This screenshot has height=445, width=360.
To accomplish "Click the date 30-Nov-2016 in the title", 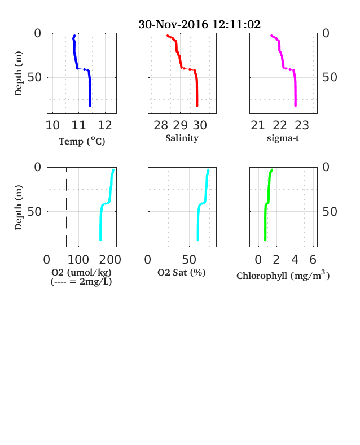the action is (173, 24).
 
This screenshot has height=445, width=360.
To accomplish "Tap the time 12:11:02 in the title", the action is (236, 24).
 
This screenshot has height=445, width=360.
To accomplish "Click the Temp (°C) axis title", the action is (82, 141).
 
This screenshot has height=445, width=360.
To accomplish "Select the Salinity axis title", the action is (182, 138).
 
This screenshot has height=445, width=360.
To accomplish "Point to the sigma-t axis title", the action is (283, 138).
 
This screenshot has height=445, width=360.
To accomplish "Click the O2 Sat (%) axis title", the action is (182, 272).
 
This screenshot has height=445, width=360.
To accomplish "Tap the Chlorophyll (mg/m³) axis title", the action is (283, 276).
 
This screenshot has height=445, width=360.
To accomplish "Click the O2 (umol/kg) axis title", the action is (81, 272).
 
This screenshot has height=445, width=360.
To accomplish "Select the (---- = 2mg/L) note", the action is (81, 282).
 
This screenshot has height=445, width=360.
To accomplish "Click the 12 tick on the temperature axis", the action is (105, 125).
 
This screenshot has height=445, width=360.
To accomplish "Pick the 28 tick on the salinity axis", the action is (161, 125).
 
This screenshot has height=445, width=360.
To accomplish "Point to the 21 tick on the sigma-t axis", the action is (258, 125).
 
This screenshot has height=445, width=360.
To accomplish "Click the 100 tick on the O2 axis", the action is (78, 260).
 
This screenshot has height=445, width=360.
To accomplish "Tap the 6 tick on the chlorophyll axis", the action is (313, 260).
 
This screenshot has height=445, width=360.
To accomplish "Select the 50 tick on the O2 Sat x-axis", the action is (189, 260).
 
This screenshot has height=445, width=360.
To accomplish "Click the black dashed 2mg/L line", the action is (67, 207).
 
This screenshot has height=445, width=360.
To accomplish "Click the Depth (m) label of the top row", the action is (18, 73).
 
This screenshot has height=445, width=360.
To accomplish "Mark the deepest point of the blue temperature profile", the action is (90, 106).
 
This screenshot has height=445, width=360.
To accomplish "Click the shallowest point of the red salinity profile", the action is (168, 36).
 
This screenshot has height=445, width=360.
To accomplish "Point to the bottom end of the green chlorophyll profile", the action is (265, 240).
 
